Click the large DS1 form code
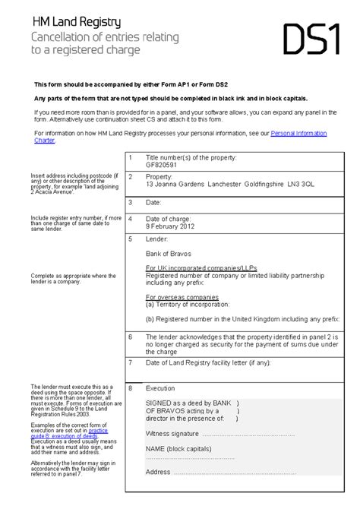311,40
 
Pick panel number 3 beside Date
131,203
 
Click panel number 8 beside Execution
131,387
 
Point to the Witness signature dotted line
258,434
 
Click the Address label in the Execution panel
158,472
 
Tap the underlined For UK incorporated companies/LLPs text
193,268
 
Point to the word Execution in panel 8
160,387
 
